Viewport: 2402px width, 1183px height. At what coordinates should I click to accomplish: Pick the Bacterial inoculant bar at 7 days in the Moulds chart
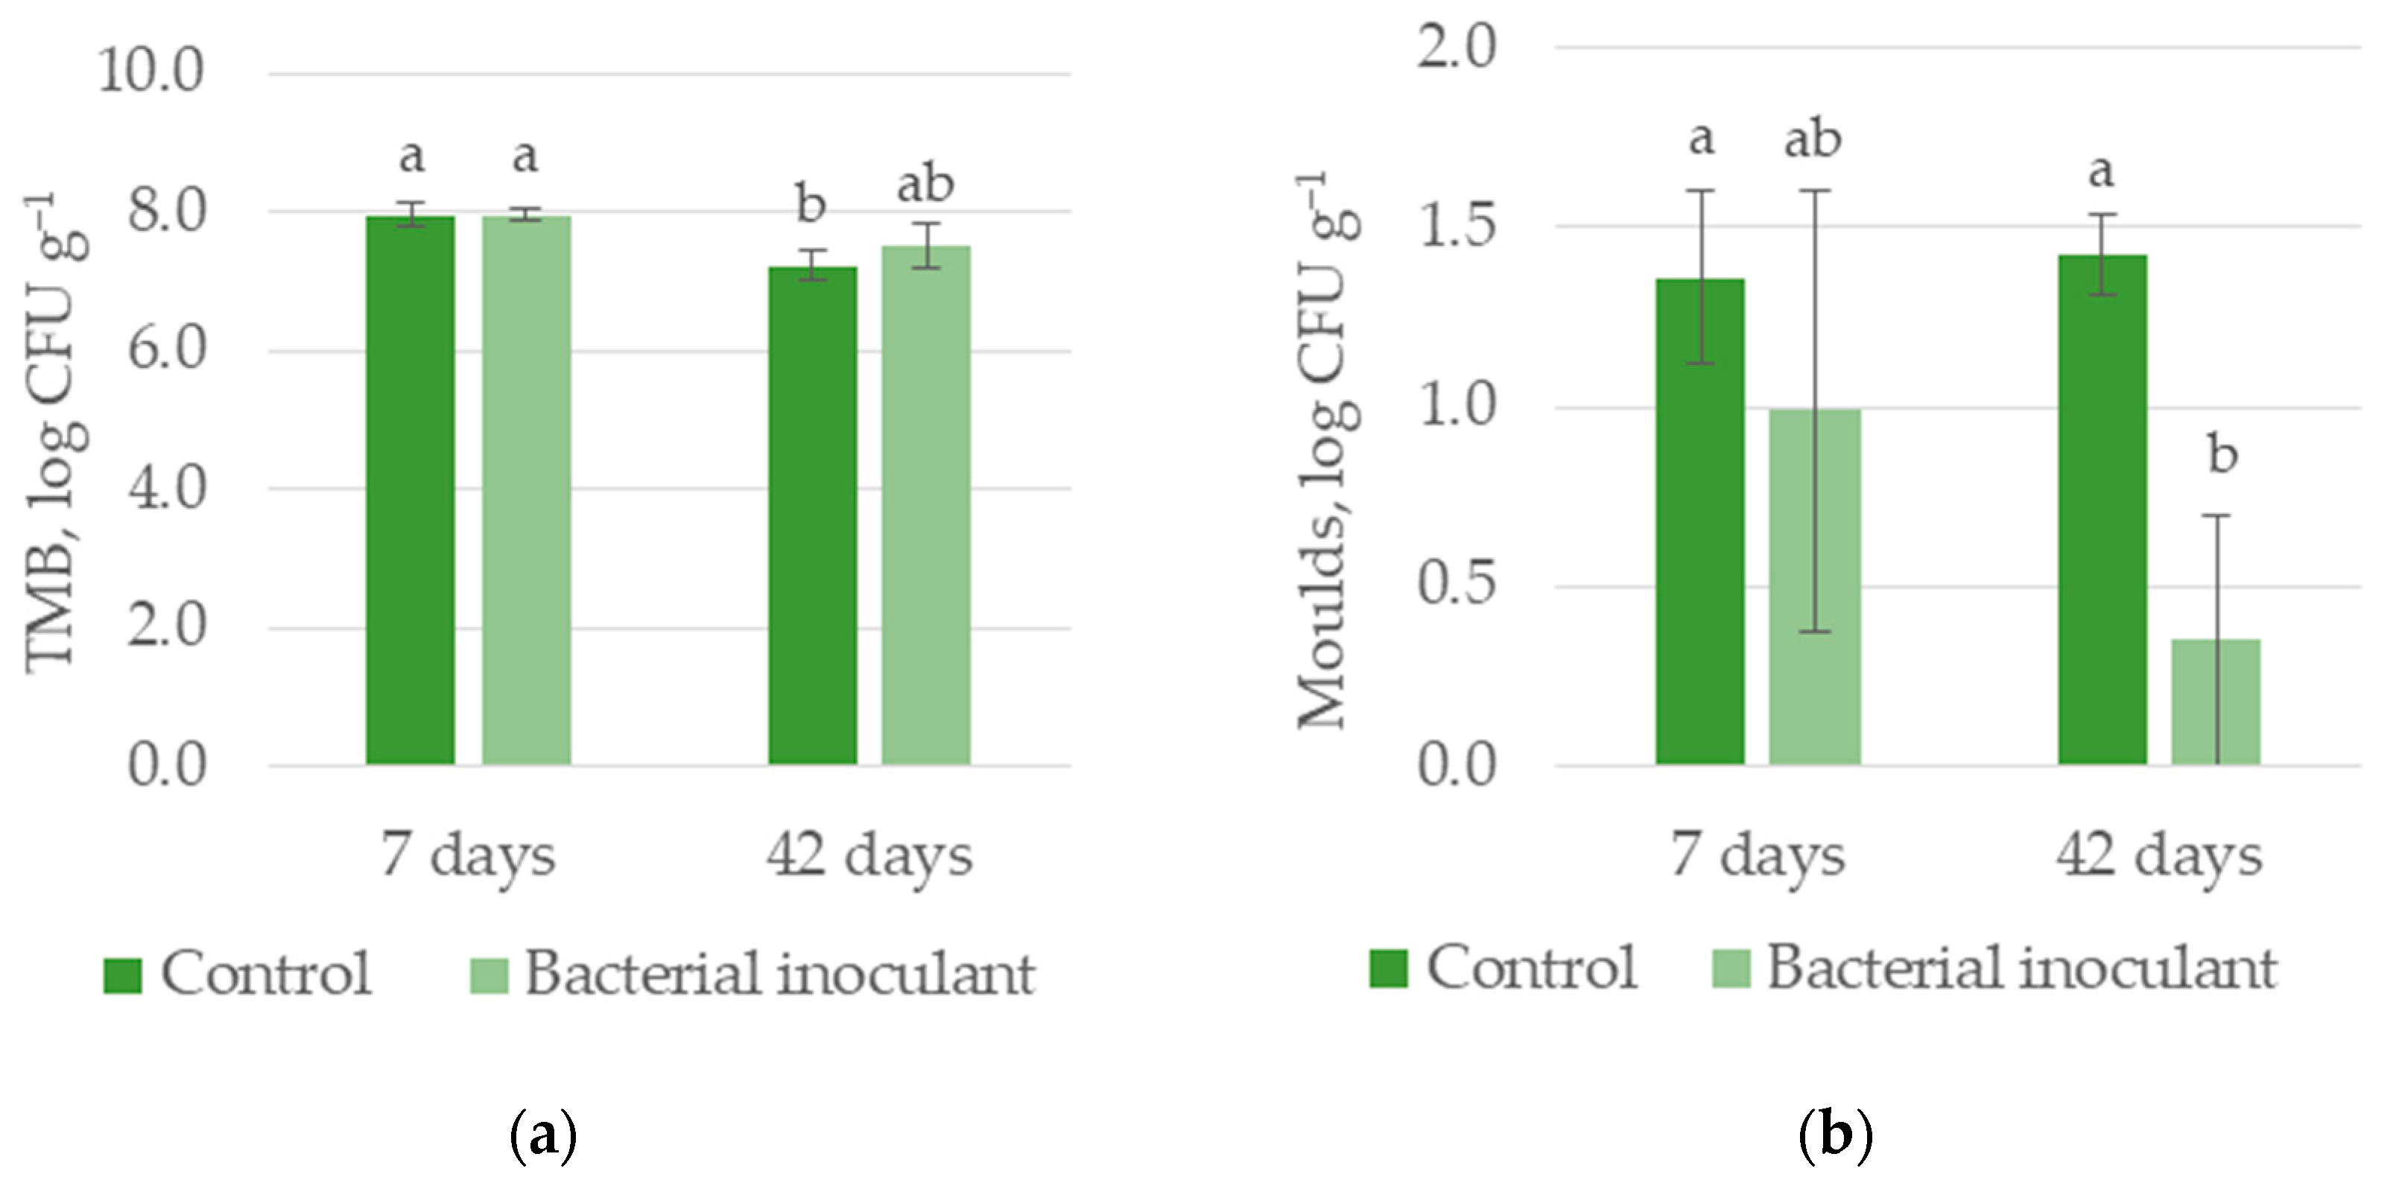1815,587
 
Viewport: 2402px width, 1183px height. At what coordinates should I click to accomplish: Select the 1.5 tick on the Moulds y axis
1457,226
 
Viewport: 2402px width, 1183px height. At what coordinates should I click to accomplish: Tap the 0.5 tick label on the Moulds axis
1457,585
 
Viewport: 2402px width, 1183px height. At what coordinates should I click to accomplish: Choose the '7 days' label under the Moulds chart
1757,856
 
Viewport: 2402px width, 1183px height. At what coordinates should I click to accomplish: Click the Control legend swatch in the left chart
122,975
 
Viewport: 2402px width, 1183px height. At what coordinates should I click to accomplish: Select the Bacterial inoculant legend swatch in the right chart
1731,968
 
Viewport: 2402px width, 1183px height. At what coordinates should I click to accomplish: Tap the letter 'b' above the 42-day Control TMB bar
811,203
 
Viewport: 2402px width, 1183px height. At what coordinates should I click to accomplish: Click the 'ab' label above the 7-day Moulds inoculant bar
1812,140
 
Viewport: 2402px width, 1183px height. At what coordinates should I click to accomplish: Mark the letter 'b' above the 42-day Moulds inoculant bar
2222,455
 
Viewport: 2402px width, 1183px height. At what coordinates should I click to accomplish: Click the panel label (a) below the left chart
545,1135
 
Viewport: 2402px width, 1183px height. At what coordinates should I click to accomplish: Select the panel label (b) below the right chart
1835,1135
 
